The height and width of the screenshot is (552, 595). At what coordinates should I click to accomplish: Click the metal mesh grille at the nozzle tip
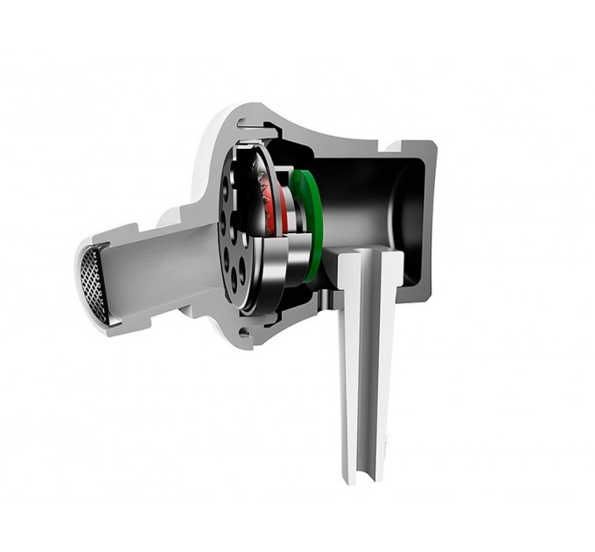point(94,282)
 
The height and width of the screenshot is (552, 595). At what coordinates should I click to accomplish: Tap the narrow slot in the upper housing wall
point(262,131)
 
